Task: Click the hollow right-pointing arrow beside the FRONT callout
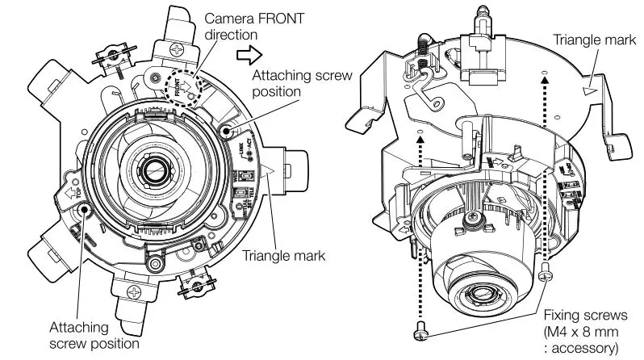pyautogui.click(x=249, y=55)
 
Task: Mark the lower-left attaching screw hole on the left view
pyautogui.click(x=86, y=209)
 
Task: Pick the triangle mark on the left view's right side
pyautogui.click(x=269, y=170)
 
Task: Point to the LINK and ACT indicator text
pyautogui.click(x=242, y=147)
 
